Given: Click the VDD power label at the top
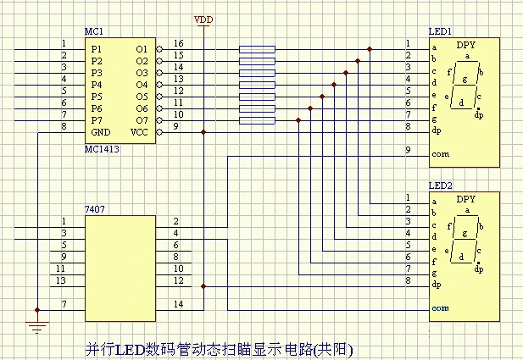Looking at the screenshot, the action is (x=203, y=19).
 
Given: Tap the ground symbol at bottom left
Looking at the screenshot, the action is (x=37, y=327).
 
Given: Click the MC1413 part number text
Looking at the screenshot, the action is (x=102, y=149).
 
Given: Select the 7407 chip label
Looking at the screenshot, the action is (x=95, y=209).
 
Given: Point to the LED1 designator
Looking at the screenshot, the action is (x=440, y=31).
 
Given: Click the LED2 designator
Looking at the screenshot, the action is (x=440, y=186).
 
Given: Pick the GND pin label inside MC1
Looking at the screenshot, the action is (x=101, y=132).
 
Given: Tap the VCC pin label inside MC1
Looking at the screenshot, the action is (x=139, y=132).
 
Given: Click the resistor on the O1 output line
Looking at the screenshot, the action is (x=257, y=49).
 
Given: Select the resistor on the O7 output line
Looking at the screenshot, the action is (x=257, y=120).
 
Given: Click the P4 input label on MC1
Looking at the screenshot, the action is (x=97, y=85).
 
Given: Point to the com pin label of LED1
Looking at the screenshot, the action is (x=440, y=154).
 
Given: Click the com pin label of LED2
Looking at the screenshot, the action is (x=440, y=308).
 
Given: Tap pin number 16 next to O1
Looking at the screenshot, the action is (x=179, y=43).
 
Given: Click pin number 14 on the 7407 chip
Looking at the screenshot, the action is (x=179, y=304).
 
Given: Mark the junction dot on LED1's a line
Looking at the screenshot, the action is (x=370, y=49).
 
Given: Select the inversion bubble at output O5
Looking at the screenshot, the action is (x=159, y=97).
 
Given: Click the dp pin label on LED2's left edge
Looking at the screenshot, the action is (x=437, y=285).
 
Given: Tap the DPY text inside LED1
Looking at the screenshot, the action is (x=465, y=45).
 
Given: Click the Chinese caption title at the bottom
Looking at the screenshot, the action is (x=220, y=350).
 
